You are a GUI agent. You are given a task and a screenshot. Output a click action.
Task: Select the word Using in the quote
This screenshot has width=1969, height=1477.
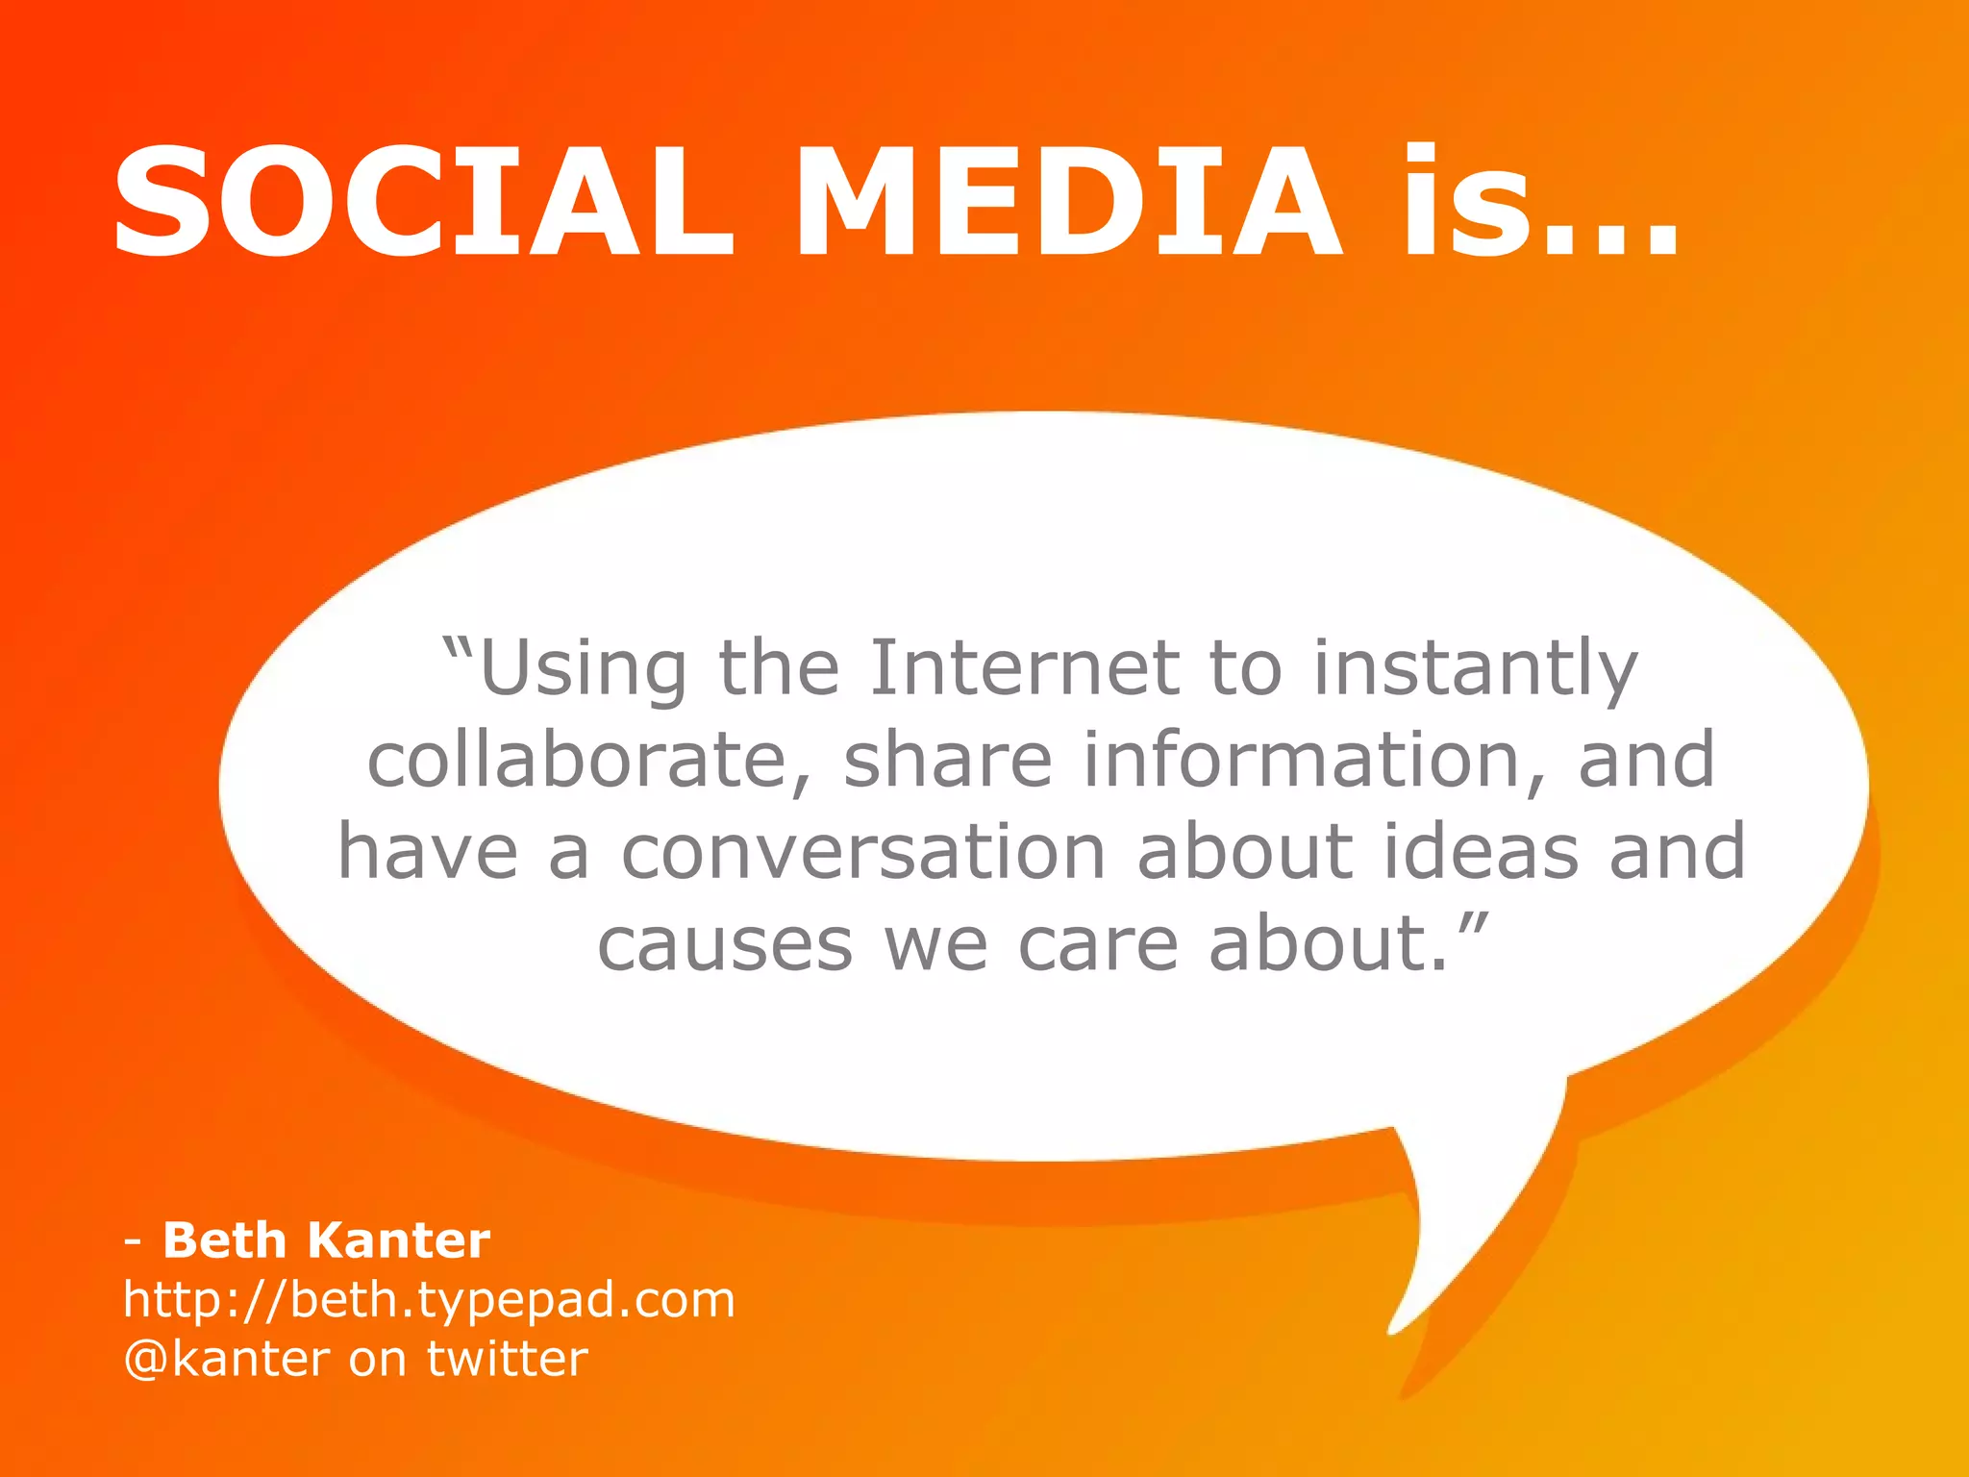tap(583, 669)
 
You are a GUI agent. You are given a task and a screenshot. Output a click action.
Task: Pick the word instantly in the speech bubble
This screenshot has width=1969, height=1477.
tap(1475, 669)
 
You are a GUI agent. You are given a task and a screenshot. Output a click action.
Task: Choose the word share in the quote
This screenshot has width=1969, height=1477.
tap(948, 760)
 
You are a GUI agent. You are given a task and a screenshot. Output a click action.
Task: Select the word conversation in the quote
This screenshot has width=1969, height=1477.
tap(863, 852)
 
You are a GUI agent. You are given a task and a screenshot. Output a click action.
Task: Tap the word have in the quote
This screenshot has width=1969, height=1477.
tap(429, 852)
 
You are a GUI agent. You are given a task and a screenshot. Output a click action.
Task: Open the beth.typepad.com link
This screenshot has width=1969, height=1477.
tap(429, 1300)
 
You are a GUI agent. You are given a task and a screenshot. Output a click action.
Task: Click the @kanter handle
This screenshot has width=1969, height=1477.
tap(227, 1360)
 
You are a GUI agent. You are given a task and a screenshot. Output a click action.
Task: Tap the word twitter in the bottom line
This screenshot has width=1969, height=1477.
tap(507, 1360)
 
